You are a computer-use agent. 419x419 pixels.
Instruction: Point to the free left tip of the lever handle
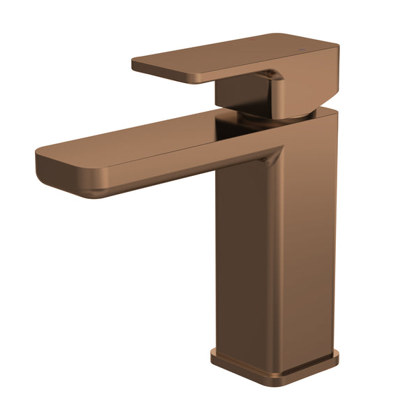[136, 65]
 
